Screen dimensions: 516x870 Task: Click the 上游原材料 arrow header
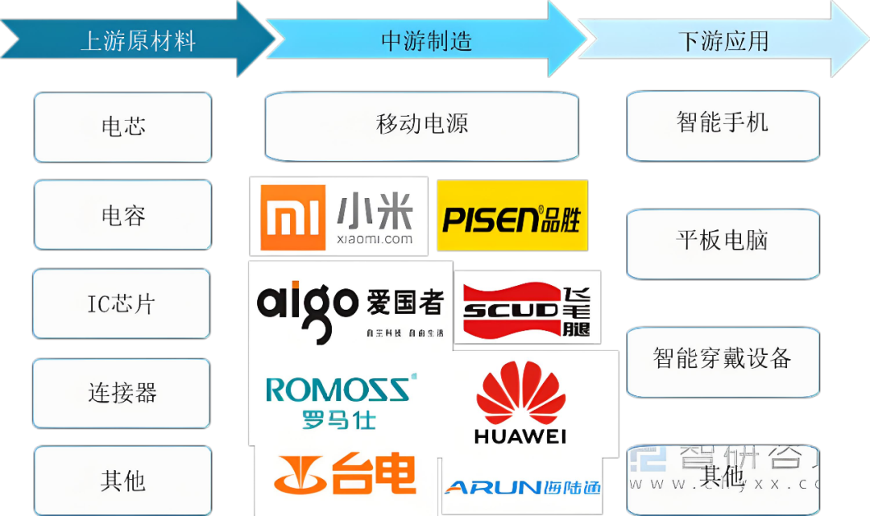[137, 40]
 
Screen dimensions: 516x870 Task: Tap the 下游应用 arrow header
[723, 40]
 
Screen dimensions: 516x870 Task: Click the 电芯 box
[122, 126]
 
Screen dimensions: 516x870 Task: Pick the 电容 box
[122, 215]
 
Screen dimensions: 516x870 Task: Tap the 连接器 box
[122, 393]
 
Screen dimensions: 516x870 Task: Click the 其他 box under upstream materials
[122, 481]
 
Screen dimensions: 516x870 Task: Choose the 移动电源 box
[421, 125]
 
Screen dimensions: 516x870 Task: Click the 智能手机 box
[723, 123]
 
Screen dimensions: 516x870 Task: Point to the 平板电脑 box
[723, 241]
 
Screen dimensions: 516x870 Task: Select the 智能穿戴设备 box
[723, 359]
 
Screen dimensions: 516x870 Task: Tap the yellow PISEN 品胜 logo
[512, 216]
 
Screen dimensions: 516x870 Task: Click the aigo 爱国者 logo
[350, 305]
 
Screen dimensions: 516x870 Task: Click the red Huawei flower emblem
[520, 394]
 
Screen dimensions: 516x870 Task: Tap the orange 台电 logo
[345, 475]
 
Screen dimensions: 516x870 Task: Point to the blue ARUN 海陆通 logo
[522, 486]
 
